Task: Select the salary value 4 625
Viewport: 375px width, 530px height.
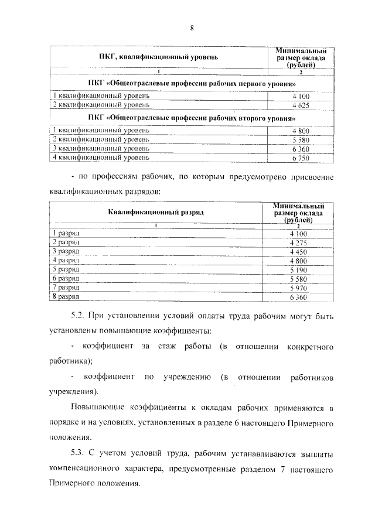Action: pos(300,105)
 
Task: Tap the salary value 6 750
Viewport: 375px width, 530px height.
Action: pos(300,158)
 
